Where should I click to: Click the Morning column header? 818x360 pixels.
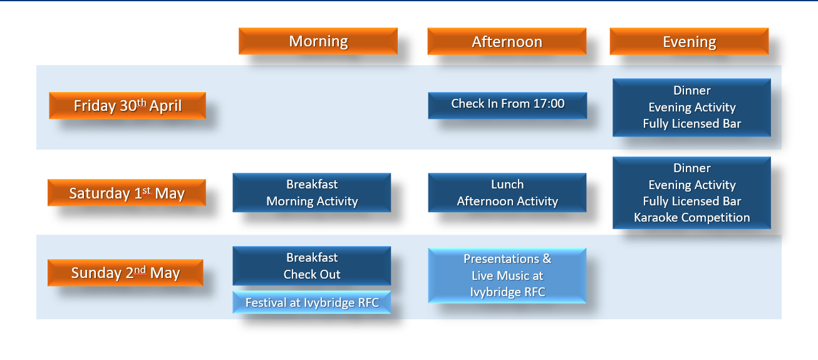(x=318, y=41)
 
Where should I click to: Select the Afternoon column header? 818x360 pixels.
(x=507, y=41)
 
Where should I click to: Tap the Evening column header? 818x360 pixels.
(x=689, y=41)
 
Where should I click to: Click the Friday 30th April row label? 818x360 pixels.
(x=127, y=106)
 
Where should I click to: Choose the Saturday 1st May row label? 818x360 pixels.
(x=127, y=193)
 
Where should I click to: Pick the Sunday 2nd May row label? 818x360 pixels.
(x=125, y=273)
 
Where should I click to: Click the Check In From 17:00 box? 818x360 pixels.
(x=507, y=106)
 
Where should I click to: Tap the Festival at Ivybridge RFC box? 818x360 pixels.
(x=312, y=302)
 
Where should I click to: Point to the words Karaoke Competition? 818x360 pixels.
(x=692, y=218)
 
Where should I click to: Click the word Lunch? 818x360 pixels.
(x=507, y=184)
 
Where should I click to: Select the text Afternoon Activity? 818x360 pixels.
(x=507, y=201)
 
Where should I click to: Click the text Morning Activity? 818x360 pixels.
(x=312, y=201)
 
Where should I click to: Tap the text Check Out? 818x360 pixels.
(x=312, y=274)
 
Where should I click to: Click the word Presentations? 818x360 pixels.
(x=502, y=259)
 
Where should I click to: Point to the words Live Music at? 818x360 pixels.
(x=507, y=275)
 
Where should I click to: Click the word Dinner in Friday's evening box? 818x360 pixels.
(x=692, y=91)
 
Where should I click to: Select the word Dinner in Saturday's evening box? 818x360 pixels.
(x=692, y=168)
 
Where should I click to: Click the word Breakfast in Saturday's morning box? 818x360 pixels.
(x=312, y=184)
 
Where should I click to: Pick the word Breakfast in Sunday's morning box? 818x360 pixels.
(x=312, y=257)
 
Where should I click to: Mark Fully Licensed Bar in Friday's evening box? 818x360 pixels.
(x=692, y=124)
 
